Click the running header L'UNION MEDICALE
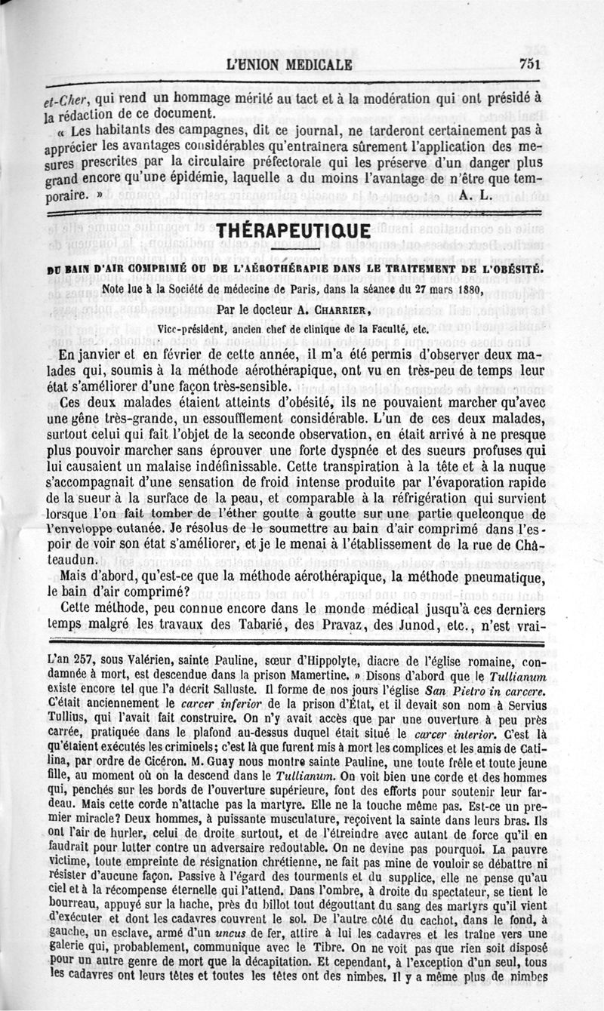click(290, 65)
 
